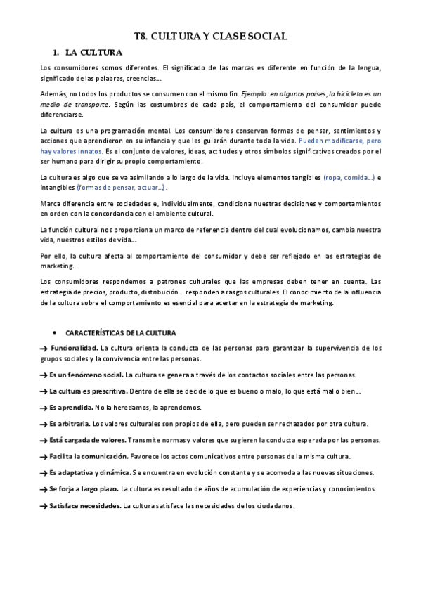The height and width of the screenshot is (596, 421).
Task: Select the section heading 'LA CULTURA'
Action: tap(93, 52)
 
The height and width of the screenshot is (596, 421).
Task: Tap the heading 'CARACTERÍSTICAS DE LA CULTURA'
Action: tap(121, 332)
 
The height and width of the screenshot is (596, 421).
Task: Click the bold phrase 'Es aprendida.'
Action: tap(71, 408)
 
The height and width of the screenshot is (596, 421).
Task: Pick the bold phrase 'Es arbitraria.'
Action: tap(71, 424)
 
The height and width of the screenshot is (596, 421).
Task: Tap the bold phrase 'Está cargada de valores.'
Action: tap(88, 440)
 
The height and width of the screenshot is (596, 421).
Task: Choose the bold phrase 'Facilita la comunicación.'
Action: tap(89, 456)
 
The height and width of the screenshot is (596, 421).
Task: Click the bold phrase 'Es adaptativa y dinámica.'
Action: tap(90, 472)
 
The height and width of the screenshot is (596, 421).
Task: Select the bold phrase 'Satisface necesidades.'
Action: tap(85, 505)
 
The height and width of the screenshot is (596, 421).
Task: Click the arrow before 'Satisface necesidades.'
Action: tap(44, 505)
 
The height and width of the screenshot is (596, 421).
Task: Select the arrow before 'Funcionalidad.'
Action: tap(44, 348)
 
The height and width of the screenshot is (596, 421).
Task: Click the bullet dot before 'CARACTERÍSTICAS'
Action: tap(54, 332)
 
